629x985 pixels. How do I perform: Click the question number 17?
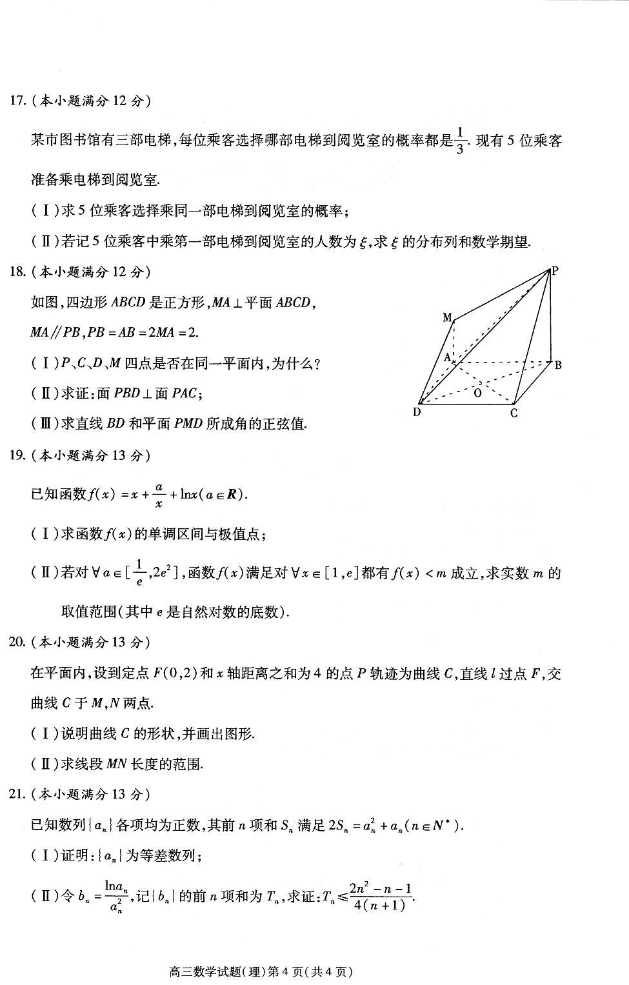(18, 101)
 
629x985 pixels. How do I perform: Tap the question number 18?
(18, 272)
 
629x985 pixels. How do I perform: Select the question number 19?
(18, 455)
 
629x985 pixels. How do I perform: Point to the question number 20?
(18, 642)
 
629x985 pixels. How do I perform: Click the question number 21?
(18, 794)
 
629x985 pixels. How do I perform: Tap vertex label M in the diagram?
(447, 317)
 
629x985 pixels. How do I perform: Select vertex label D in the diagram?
(417, 412)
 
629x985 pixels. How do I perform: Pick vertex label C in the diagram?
(514, 413)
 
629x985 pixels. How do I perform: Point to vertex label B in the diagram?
(558, 365)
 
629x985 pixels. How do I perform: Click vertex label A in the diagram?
(446, 357)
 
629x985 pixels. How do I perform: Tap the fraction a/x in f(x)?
(159, 495)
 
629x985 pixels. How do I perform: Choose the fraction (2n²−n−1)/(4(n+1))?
(380, 896)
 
